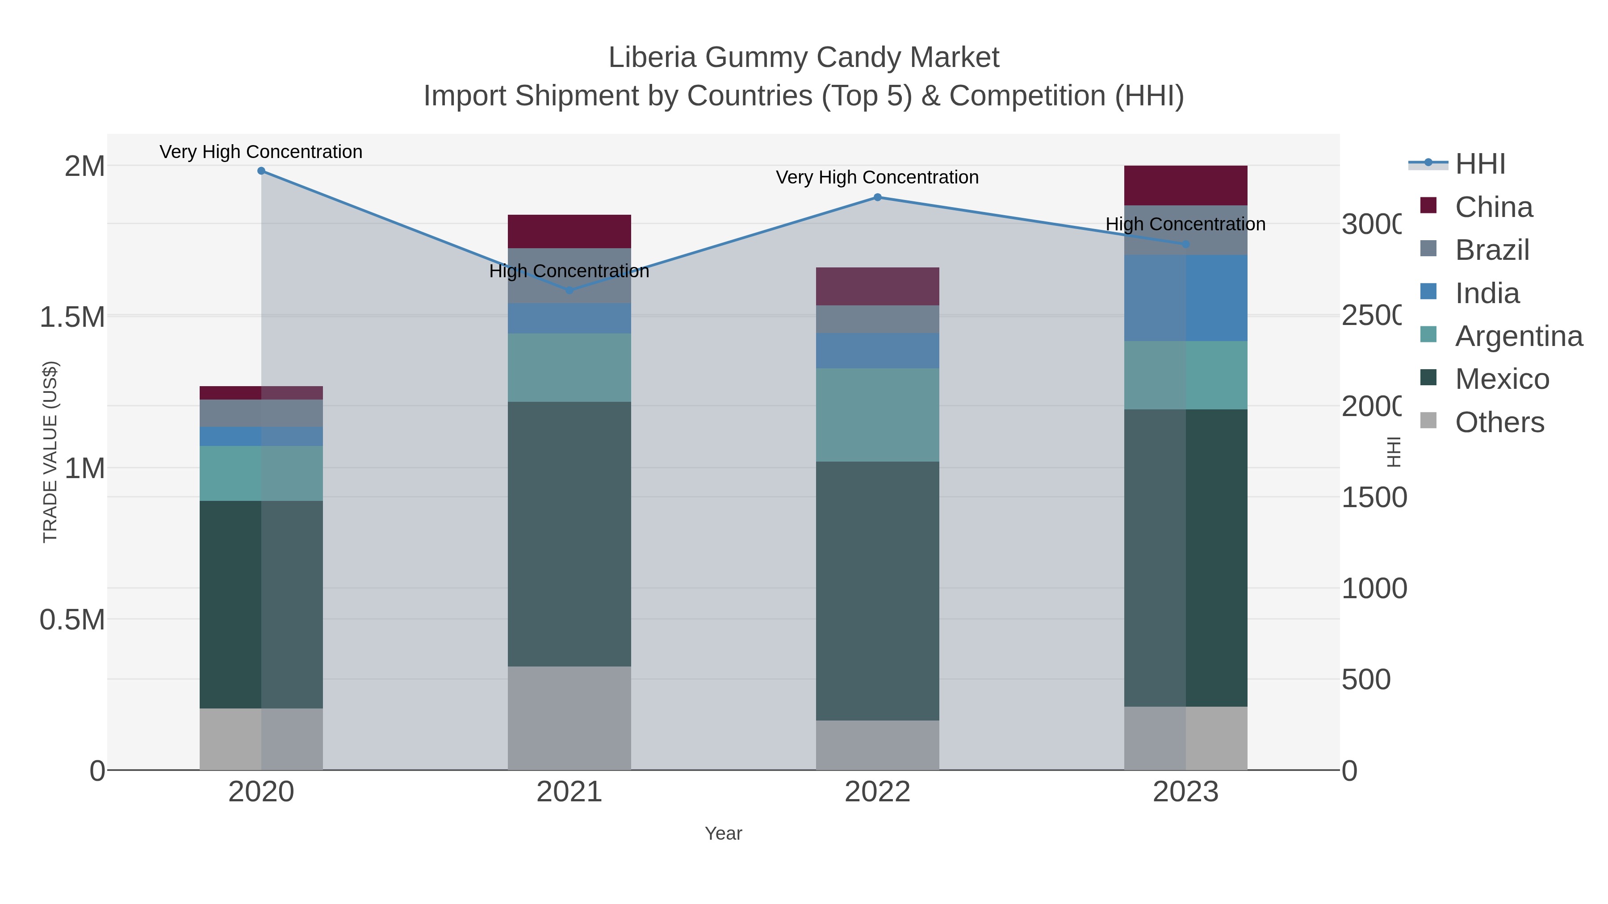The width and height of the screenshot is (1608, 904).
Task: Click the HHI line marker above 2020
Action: click(x=261, y=171)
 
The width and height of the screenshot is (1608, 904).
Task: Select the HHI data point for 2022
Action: click(x=877, y=197)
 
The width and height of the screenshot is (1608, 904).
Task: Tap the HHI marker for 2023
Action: click(x=1185, y=244)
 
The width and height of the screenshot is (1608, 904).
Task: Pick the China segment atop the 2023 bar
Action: click(x=1185, y=185)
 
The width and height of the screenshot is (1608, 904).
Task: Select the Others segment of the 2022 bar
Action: click(x=877, y=745)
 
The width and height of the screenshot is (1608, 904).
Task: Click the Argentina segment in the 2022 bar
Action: click(x=877, y=415)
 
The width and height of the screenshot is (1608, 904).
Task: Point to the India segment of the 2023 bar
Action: click(x=1185, y=298)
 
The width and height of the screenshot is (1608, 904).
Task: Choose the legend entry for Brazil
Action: click(x=1492, y=250)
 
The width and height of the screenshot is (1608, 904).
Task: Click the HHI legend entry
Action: click(x=1479, y=164)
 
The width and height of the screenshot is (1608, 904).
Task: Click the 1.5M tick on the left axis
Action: click(x=72, y=317)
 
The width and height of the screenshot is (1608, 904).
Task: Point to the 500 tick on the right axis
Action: click(x=1366, y=679)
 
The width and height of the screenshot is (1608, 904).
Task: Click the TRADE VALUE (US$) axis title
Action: click(x=50, y=452)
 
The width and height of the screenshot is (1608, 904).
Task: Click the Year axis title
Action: click(x=723, y=833)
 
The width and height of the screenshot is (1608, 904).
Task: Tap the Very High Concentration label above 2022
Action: click(x=877, y=177)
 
